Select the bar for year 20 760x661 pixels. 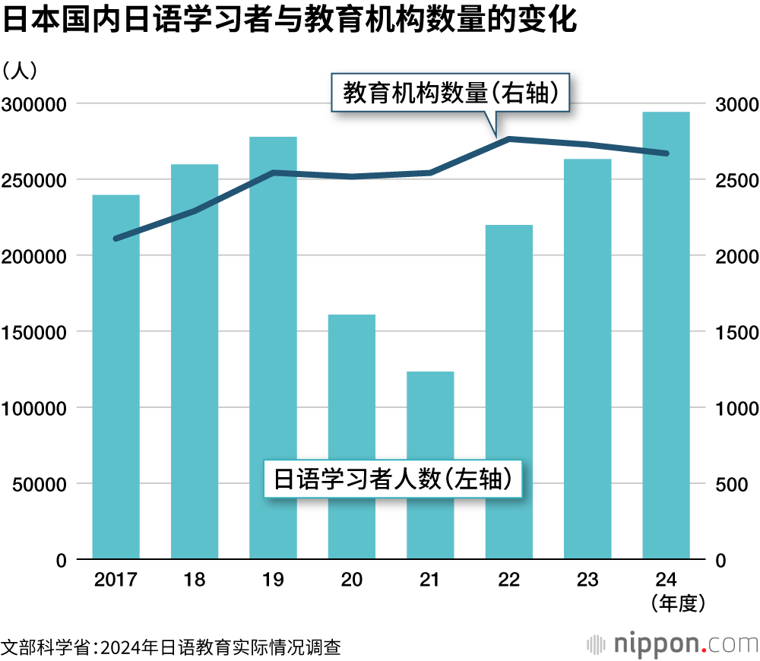coord(352,437)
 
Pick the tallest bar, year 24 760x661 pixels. coord(666,335)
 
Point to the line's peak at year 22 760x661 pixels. coord(508,138)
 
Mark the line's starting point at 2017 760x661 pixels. coord(116,239)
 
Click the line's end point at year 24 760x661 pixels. coord(666,153)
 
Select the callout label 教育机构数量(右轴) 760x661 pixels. coord(451,93)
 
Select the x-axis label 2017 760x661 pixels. coord(116,580)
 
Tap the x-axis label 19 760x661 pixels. coord(273,580)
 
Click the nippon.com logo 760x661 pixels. coord(672,644)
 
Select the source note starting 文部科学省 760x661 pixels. coord(171,647)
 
